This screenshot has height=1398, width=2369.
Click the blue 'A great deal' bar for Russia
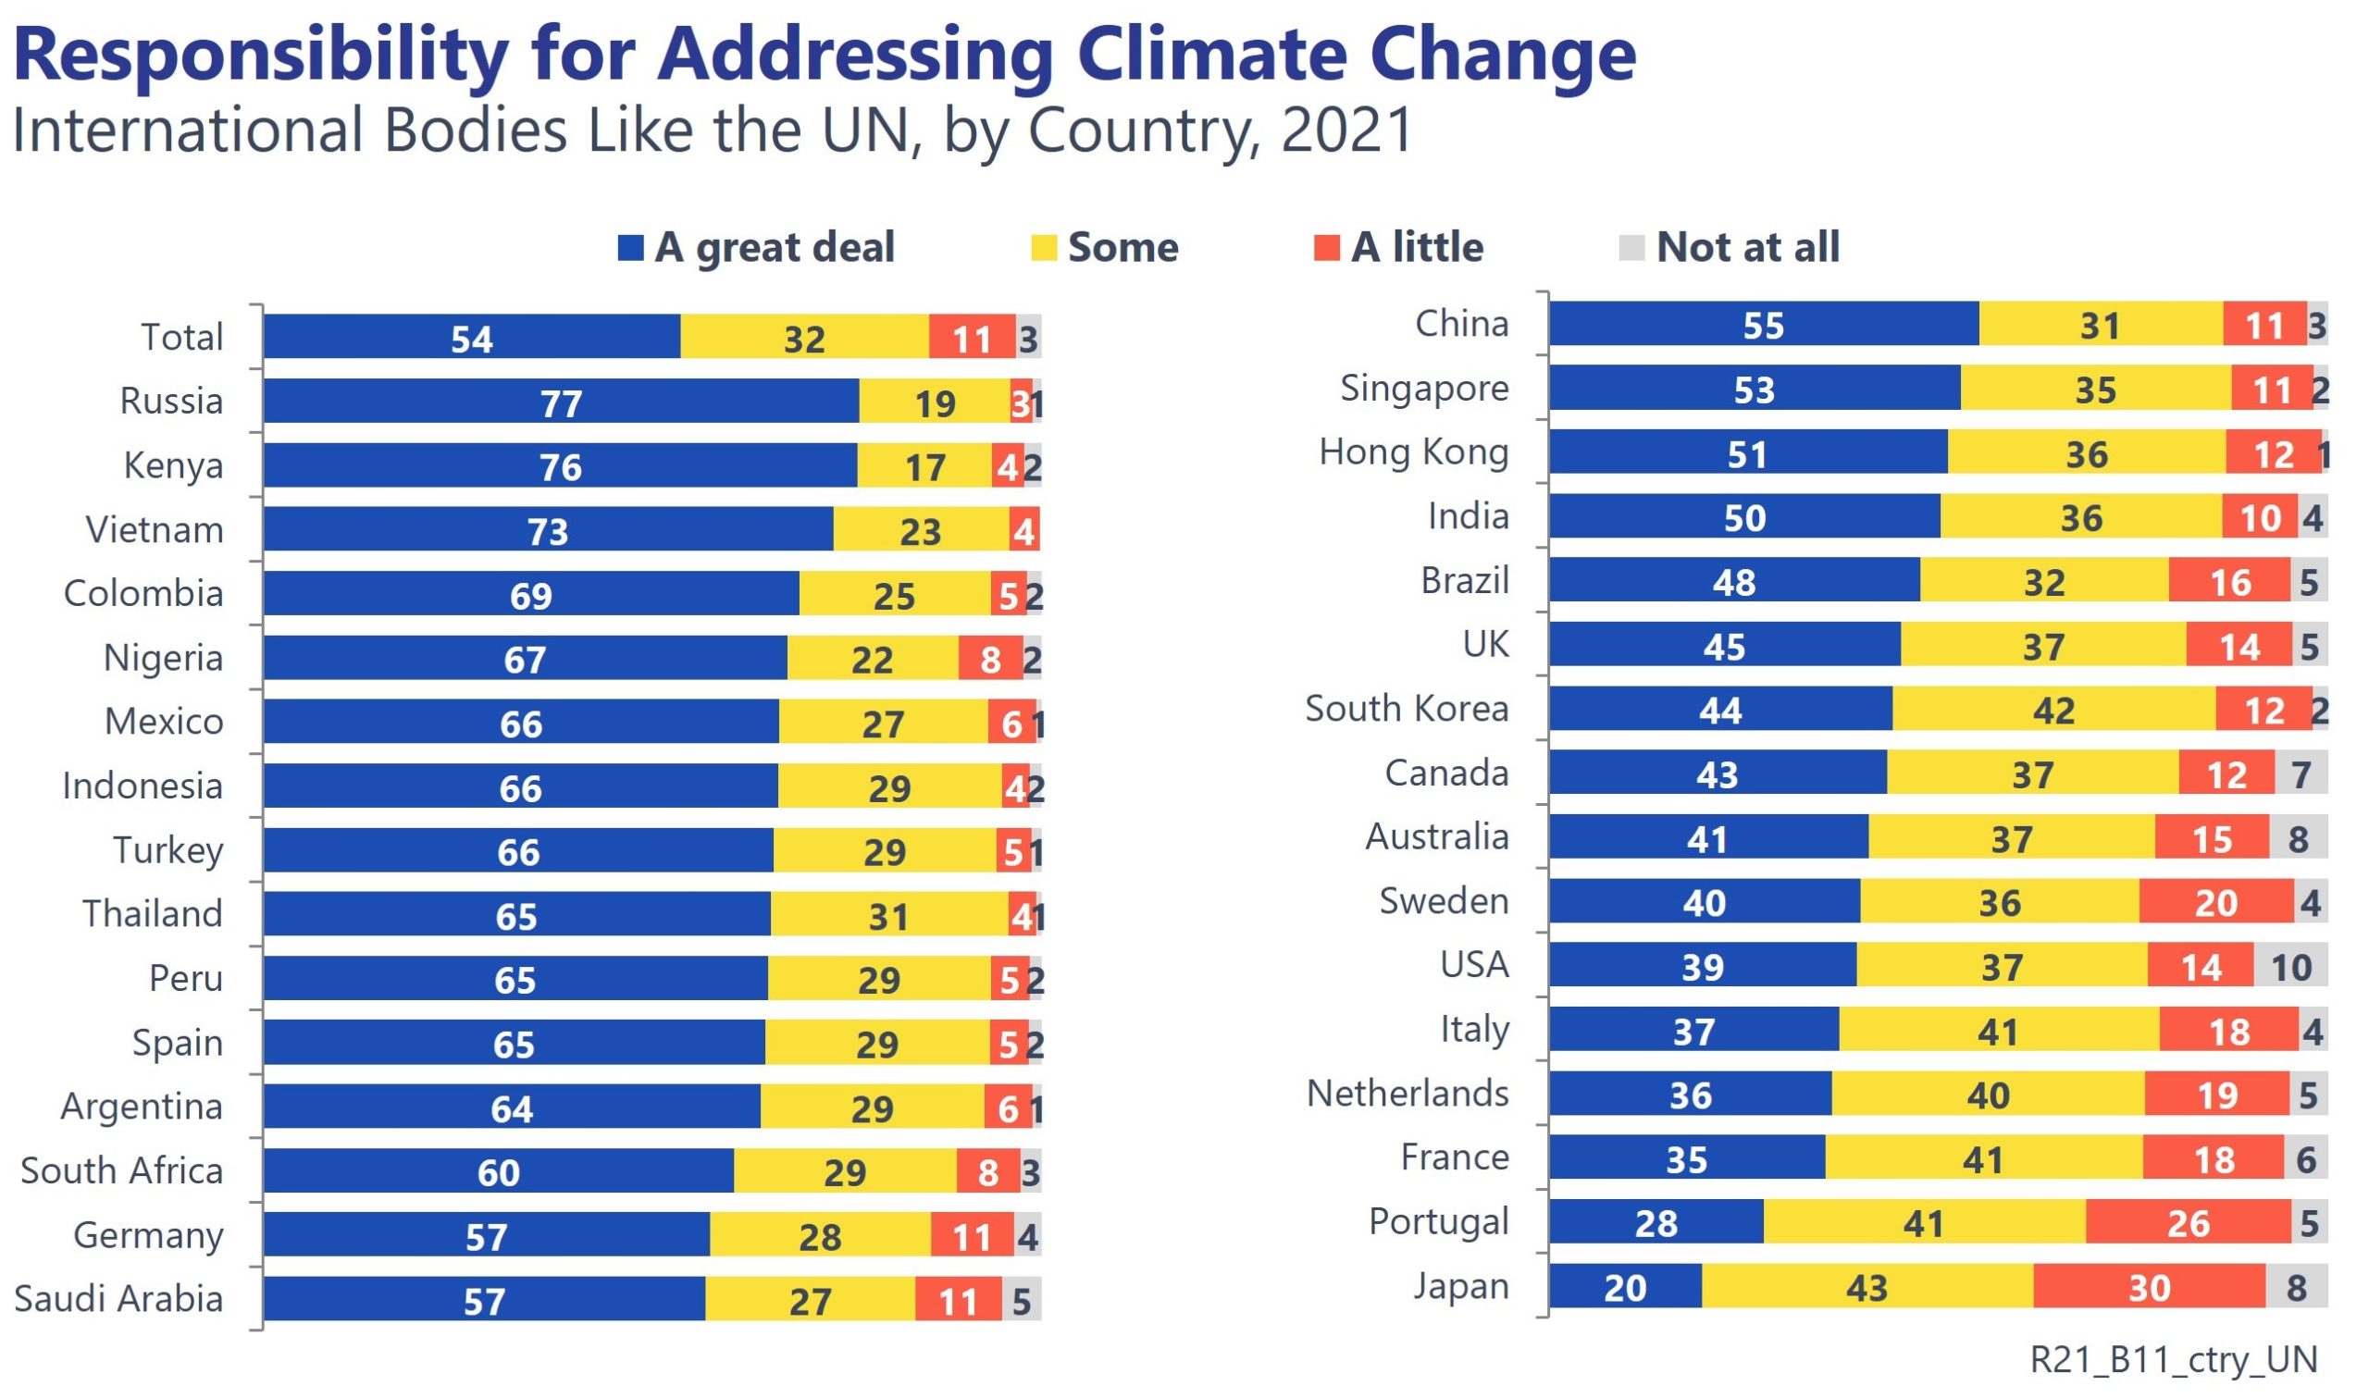coord(562,402)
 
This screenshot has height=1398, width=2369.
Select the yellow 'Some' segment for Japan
coord(1867,1287)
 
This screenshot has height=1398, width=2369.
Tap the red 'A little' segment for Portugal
coord(2188,1222)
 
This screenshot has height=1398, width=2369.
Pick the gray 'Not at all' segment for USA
coord(2289,966)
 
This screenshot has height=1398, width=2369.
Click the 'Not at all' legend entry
coord(1729,247)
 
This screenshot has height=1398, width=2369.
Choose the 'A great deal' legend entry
coord(756,247)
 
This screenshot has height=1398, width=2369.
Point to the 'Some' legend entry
coord(1105,247)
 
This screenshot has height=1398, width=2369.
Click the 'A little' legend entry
coord(1399,247)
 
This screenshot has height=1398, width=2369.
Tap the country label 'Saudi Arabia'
coord(118,1298)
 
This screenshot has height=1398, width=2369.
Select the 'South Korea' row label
coord(1407,708)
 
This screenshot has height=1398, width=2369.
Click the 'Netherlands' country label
coord(1408,1093)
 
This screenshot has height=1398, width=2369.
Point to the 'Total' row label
coord(181,336)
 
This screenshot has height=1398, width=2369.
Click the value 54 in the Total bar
coord(472,340)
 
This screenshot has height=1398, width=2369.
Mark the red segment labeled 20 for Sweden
coord(2215,901)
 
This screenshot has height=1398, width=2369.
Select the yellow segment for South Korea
coord(2053,709)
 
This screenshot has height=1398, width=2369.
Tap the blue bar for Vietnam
coord(548,529)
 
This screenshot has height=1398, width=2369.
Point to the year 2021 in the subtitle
coord(1346,130)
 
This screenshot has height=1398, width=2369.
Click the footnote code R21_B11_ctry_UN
coord(2173,1358)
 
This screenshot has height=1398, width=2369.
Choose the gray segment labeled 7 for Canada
coord(2301,773)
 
